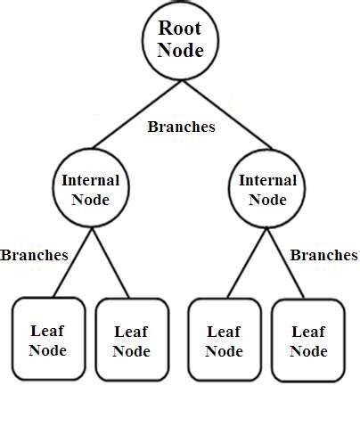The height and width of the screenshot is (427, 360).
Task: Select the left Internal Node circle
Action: point(90,189)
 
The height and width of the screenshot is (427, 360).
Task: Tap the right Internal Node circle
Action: point(267,189)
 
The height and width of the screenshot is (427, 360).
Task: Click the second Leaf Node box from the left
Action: point(131,340)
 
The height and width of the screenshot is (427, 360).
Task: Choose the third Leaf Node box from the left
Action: point(224,340)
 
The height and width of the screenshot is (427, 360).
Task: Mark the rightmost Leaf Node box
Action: point(307,340)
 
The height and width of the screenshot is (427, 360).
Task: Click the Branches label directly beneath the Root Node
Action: point(181,127)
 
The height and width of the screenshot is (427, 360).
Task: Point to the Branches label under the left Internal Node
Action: point(34,255)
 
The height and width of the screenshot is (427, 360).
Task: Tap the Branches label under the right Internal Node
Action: point(324,255)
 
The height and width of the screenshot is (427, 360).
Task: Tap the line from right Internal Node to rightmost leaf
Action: point(287,263)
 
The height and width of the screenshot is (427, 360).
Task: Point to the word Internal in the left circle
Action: point(90,180)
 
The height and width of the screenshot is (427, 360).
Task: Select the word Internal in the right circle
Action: point(267,180)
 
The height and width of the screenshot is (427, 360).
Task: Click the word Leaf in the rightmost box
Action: point(307,331)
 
